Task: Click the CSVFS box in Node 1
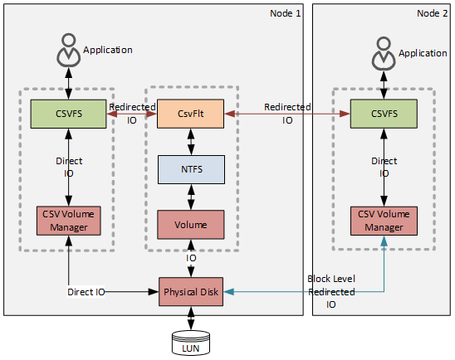68,114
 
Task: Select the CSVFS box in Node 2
383,114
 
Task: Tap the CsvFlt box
192,114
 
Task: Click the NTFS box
192,169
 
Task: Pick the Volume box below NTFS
192,224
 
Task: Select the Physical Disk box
192,292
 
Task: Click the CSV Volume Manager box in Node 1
68,220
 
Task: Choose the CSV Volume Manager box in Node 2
383,220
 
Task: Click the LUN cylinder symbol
192,342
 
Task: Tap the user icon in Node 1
68,52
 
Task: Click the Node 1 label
286,13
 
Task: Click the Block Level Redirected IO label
330,292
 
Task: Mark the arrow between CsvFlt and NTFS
192,142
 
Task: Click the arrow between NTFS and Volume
192,197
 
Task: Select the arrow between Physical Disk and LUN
192,319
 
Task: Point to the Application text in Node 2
423,52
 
